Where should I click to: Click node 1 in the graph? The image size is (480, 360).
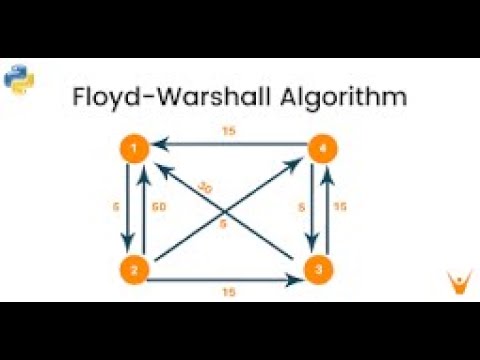[135, 150]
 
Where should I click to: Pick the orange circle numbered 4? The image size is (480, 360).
[319, 150]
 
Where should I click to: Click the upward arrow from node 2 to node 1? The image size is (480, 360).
[144, 209]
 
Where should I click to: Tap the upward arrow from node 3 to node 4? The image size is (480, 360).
[328, 209]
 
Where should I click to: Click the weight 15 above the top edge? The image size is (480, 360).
[229, 131]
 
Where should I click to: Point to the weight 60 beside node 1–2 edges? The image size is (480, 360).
[159, 208]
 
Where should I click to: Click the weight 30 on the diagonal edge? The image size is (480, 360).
[205, 187]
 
